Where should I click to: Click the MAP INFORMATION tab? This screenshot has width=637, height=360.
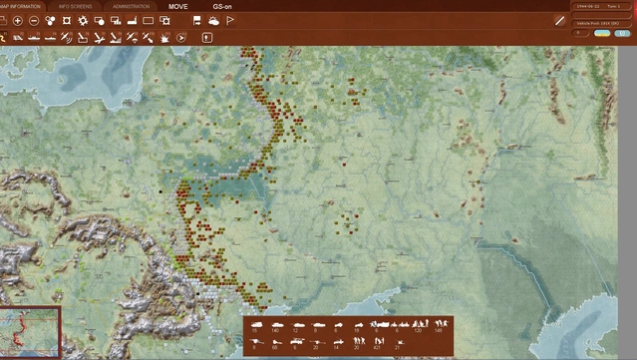tap(20, 6)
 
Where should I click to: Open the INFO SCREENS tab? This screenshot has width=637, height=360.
tap(79, 6)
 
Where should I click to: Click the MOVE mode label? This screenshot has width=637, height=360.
tap(177, 6)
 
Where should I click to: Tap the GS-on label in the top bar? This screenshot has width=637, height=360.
tap(222, 6)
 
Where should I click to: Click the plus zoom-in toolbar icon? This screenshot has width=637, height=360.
tap(17, 20)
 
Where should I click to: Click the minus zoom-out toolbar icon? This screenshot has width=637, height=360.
tap(34, 20)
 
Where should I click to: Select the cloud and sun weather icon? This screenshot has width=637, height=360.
tap(213, 20)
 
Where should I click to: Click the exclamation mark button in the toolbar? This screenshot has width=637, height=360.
tap(207, 37)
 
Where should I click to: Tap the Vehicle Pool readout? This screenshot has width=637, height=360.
tap(596, 20)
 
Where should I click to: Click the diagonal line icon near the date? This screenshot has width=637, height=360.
tap(559, 20)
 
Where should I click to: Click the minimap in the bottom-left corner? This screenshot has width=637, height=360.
tap(30, 332)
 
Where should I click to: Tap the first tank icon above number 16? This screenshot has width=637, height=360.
tap(255, 324)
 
